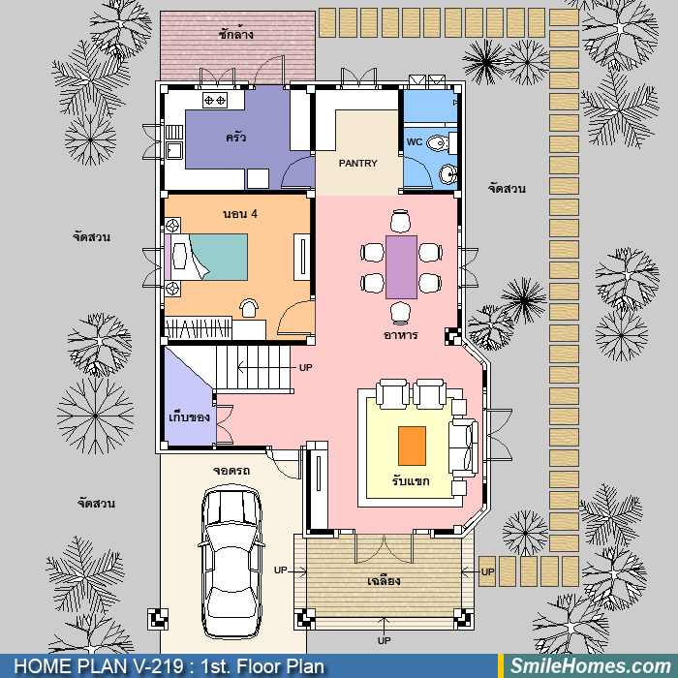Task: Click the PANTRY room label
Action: pos(358,164)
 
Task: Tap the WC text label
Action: pos(415,141)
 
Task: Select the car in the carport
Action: pos(231,562)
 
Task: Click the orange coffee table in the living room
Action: pos(412,446)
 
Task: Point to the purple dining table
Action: pos(401,267)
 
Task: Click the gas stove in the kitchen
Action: pos(215,101)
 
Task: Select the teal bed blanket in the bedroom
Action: pos(219,257)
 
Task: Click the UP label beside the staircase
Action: pos(305,367)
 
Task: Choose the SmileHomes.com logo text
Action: pos(591,666)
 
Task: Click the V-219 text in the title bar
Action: pos(160,666)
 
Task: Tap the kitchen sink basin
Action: pos(174,150)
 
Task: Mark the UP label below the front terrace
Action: pos(384,640)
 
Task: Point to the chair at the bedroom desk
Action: pos(249,308)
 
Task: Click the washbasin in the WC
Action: pos(447,173)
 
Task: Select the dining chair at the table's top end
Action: pos(400,221)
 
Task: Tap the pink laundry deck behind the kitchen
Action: pos(237,46)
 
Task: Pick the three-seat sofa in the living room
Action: pos(464,447)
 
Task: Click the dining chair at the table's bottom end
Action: pos(400,313)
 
